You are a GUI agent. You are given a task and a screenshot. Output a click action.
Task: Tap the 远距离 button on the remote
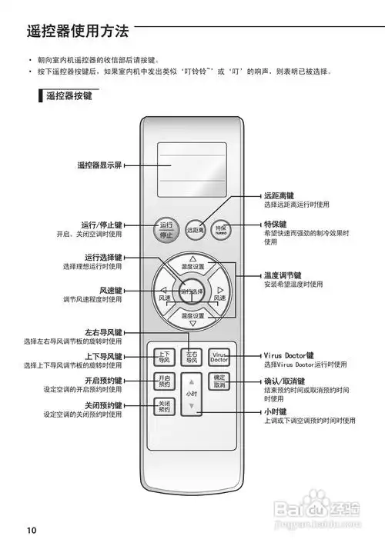click(x=194, y=229)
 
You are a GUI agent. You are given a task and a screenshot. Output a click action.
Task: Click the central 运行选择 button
click(x=192, y=291)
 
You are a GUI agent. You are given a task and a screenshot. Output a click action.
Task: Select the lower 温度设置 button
click(x=192, y=316)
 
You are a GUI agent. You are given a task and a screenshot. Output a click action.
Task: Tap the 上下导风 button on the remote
click(x=164, y=357)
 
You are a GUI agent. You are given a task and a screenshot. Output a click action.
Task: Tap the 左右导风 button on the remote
click(x=192, y=357)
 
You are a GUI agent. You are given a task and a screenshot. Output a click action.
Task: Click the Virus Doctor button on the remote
click(x=219, y=357)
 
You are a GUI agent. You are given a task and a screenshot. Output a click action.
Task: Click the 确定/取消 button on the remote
click(x=219, y=381)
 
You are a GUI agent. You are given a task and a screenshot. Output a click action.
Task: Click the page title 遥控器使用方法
click(x=77, y=32)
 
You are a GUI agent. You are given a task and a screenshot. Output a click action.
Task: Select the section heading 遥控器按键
click(x=71, y=97)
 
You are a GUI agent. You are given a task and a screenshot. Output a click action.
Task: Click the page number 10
click(x=31, y=530)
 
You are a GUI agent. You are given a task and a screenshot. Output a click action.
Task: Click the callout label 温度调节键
click(x=283, y=275)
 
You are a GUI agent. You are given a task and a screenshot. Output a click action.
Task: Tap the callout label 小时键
click(x=276, y=411)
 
